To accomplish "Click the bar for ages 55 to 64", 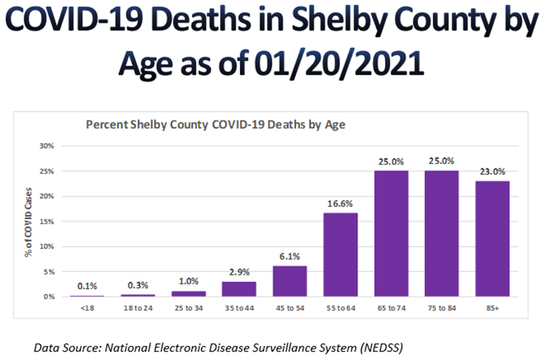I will click(340, 254).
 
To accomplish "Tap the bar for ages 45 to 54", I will click(290, 280).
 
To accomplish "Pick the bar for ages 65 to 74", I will click(391, 233).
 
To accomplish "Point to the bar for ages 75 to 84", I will click(441, 233).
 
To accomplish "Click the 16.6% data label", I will click(340, 204).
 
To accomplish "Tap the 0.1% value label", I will click(86, 286).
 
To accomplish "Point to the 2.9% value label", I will click(239, 272).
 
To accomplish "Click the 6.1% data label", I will click(290, 256).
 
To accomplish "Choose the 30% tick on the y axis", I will click(47, 147).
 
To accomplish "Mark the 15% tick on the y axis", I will click(47, 221).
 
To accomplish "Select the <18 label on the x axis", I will click(86, 309).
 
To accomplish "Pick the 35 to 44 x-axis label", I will click(239, 309).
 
